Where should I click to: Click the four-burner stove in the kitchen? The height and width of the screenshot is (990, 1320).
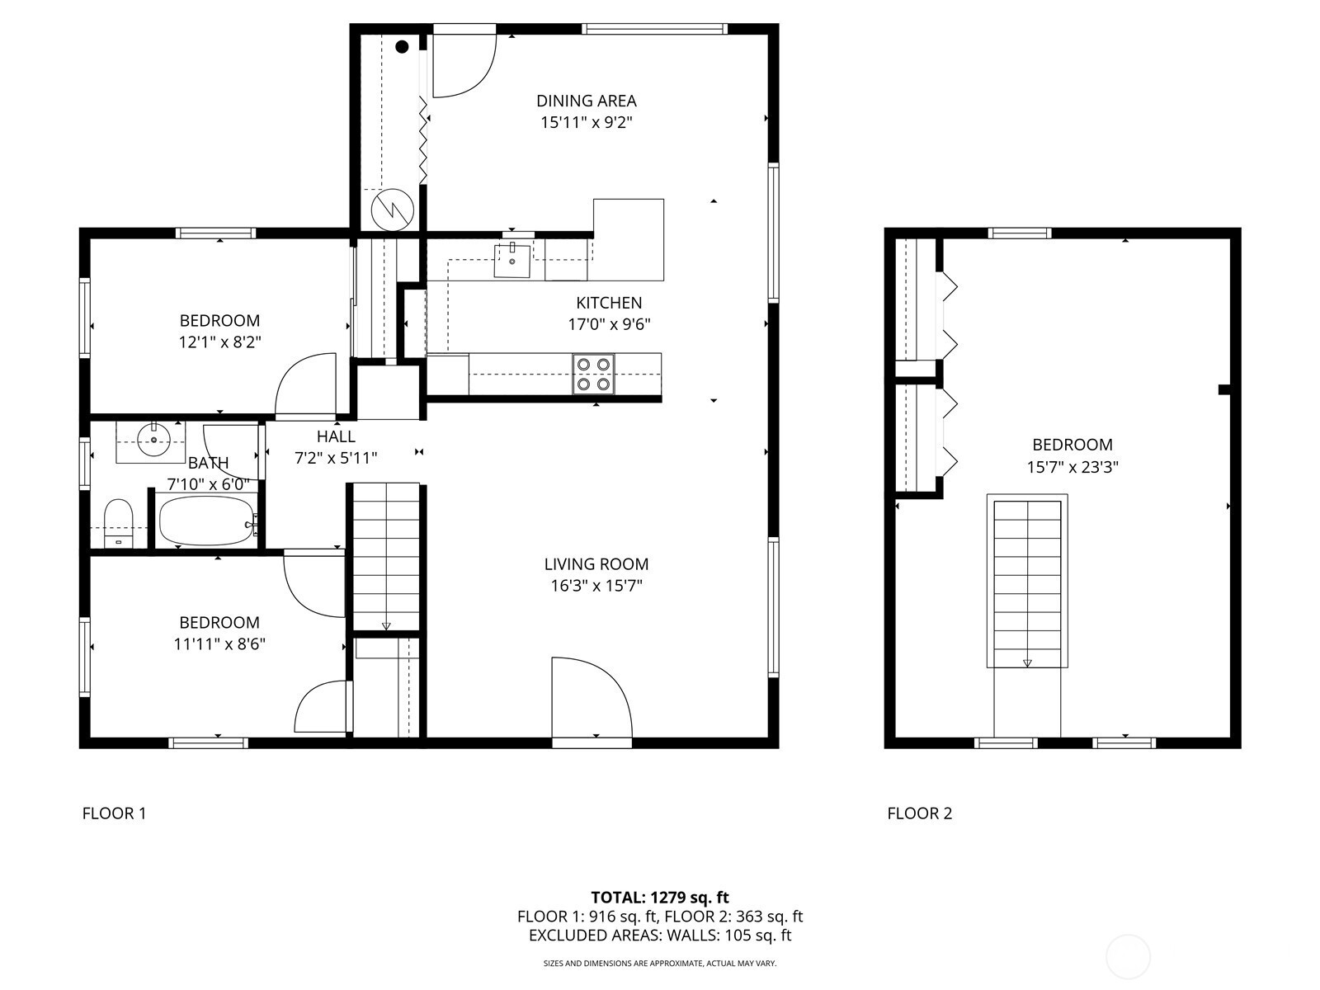(593, 374)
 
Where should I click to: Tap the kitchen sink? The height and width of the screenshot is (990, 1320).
(512, 261)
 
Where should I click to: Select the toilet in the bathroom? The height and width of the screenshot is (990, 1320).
(119, 523)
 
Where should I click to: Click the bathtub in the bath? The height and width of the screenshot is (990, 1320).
(207, 521)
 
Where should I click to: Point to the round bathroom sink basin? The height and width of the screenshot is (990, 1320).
(154, 440)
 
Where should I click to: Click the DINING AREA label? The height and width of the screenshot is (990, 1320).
(587, 101)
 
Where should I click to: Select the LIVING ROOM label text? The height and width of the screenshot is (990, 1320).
(596, 563)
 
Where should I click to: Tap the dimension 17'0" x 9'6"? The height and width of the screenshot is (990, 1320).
(609, 324)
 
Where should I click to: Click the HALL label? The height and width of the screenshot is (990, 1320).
(336, 436)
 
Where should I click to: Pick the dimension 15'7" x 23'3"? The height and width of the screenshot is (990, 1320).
(1072, 467)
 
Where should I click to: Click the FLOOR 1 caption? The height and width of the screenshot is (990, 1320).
(114, 813)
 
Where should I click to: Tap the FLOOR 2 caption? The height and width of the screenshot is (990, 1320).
(920, 813)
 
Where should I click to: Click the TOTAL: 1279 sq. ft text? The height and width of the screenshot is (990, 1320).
(660, 898)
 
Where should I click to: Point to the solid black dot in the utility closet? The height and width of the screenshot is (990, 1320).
(403, 47)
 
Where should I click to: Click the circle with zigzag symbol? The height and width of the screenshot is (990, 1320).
(392, 210)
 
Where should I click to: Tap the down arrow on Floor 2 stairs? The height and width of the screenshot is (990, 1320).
(1027, 663)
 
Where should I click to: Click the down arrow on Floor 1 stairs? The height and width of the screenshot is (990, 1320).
(386, 626)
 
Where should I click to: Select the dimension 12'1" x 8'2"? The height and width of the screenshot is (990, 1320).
(219, 342)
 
